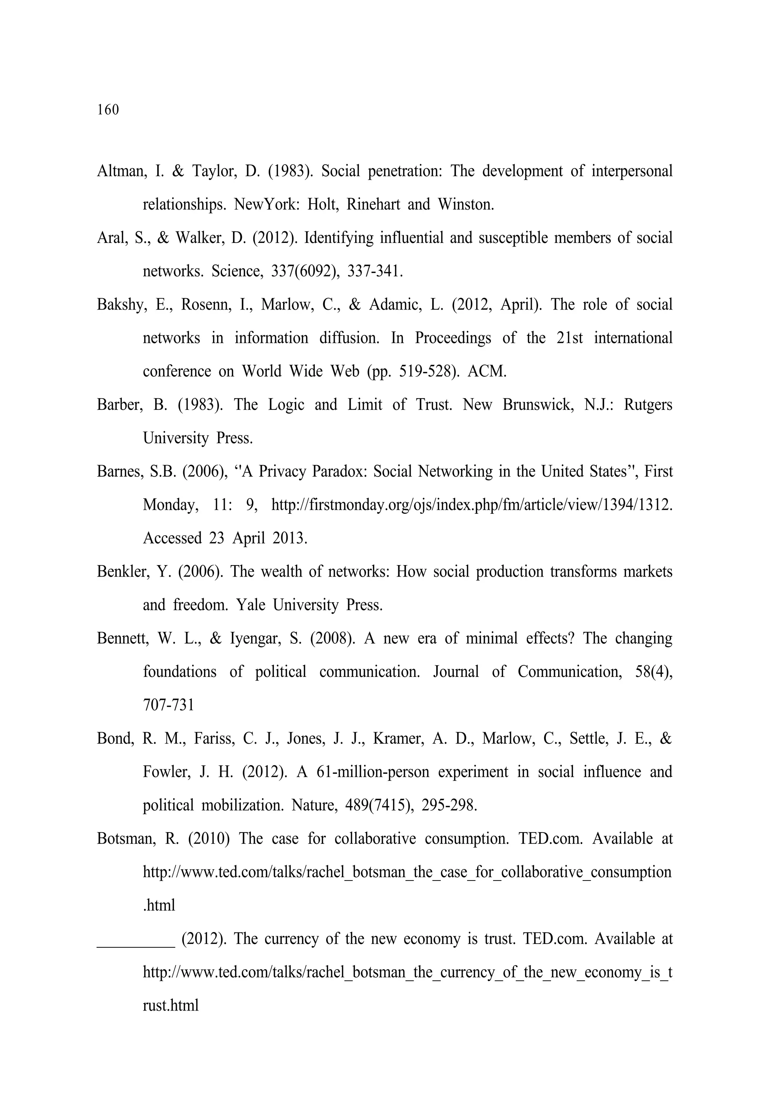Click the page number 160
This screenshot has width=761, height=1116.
[x=108, y=110]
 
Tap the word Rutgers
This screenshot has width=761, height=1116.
[x=648, y=405]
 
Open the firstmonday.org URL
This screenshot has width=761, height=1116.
[x=471, y=505]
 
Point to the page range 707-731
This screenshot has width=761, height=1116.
[x=169, y=705]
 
